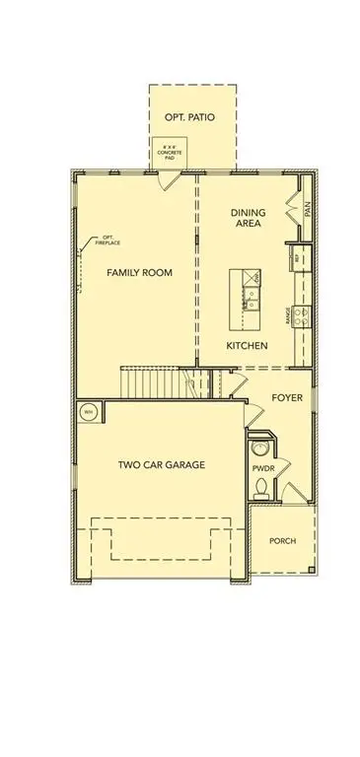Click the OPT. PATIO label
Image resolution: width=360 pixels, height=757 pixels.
tap(191, 117)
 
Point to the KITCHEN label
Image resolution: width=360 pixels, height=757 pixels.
tap(247, 346)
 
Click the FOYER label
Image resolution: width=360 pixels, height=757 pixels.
tap(288, 398)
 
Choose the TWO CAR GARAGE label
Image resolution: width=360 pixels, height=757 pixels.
tap(161, 464)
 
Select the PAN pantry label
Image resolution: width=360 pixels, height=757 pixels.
tap(308, 210)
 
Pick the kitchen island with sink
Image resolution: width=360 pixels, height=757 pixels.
tap(245, 303)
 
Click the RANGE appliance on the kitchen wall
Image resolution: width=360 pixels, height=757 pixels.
tap(302, 315)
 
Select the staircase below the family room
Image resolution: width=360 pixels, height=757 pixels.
tap(154, 379)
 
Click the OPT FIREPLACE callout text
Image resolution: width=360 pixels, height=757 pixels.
tap(106, 240)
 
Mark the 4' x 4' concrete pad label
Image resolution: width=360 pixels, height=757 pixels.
tap(171, 156)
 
